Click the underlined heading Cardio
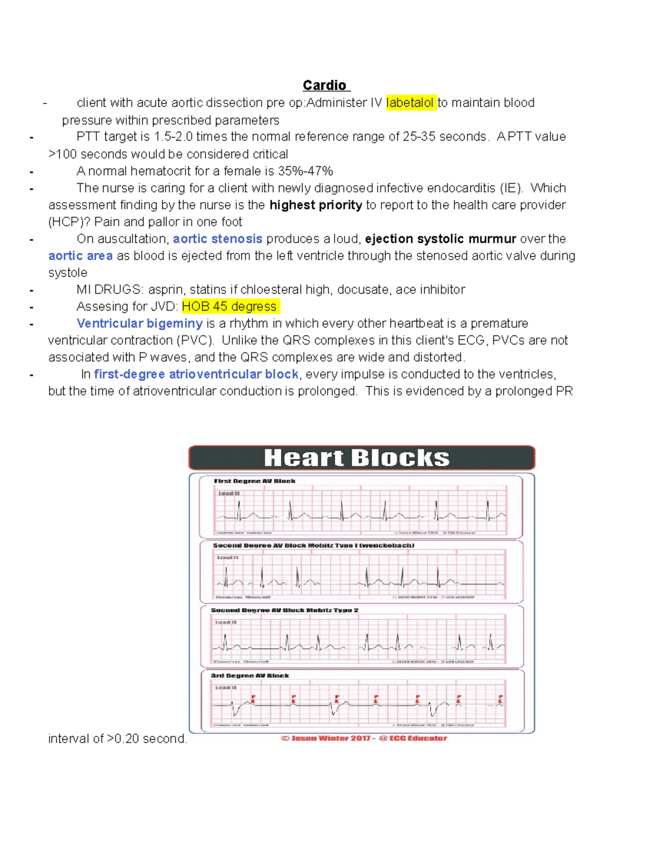point(324,86)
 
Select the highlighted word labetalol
point(410,103)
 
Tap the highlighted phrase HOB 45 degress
point(230,307)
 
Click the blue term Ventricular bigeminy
point(140,324)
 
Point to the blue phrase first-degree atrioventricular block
point(196,374)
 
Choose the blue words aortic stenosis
point(218,239)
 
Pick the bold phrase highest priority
point(316,205)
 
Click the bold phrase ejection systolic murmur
point(440,239)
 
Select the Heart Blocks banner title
point(356,458)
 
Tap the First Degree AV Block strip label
point(255,481)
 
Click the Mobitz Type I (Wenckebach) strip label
point(313,545)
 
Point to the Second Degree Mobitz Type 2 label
point(285,610)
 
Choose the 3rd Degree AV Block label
point(250,675)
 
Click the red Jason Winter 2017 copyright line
point(364,739)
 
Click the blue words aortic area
point(81,256)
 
